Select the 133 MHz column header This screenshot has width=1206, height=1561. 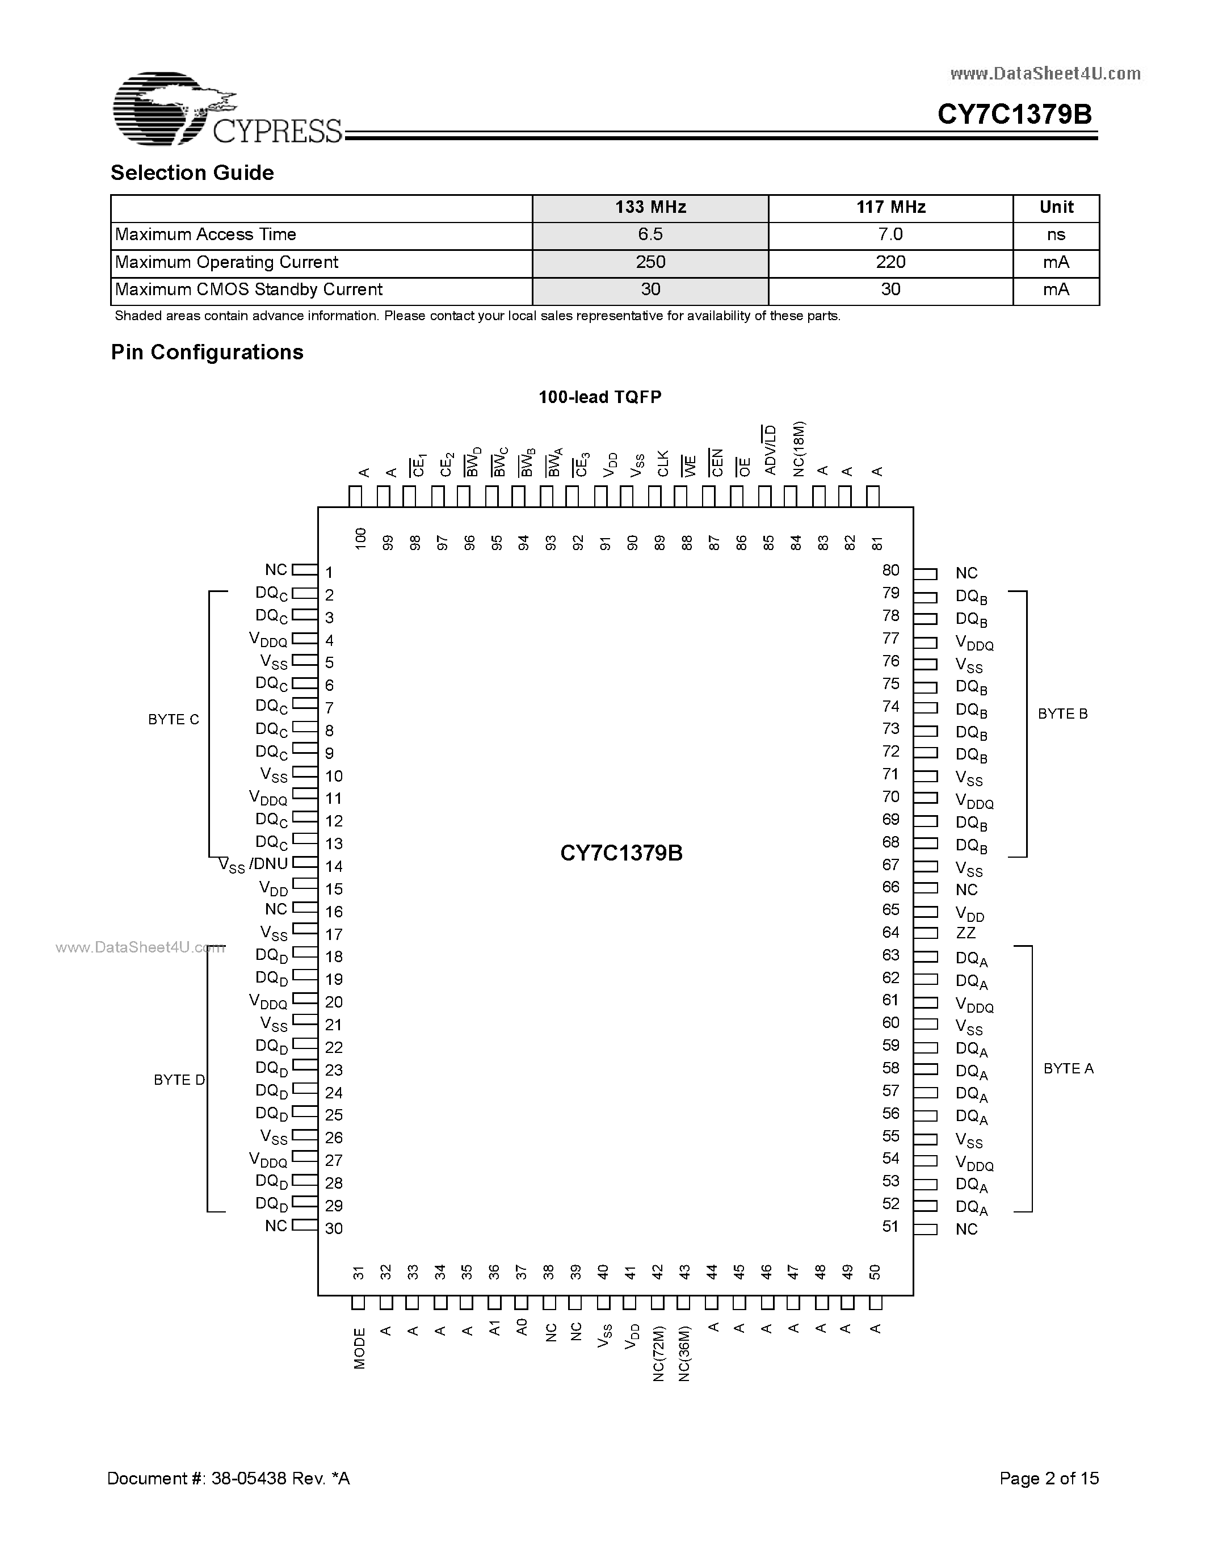650,207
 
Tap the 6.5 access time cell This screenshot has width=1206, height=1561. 650,234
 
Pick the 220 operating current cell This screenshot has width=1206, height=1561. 890,262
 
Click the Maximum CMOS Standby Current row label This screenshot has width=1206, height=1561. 249,289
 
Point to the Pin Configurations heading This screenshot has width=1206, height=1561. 207,353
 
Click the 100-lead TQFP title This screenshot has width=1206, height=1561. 600,397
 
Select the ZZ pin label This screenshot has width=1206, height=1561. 965,933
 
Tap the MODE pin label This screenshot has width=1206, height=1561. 359,1348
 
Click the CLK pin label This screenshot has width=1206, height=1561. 663,463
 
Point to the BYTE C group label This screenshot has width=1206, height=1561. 174,720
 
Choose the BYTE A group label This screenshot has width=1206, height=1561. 1068,1068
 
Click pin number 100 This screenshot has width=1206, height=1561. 360,538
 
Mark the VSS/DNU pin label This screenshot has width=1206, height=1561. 253,865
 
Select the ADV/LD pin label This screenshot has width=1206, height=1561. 770,450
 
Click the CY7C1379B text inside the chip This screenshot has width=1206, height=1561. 621,853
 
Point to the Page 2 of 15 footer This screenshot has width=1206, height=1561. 1049,1478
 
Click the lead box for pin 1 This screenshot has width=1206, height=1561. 304,570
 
